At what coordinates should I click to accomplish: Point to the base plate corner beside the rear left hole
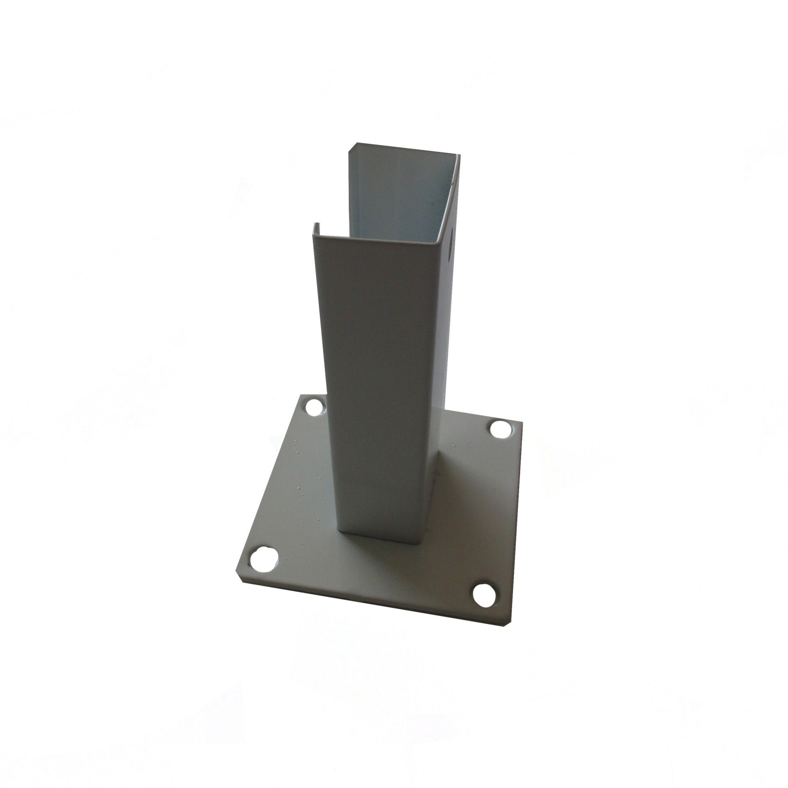(303, 395)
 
